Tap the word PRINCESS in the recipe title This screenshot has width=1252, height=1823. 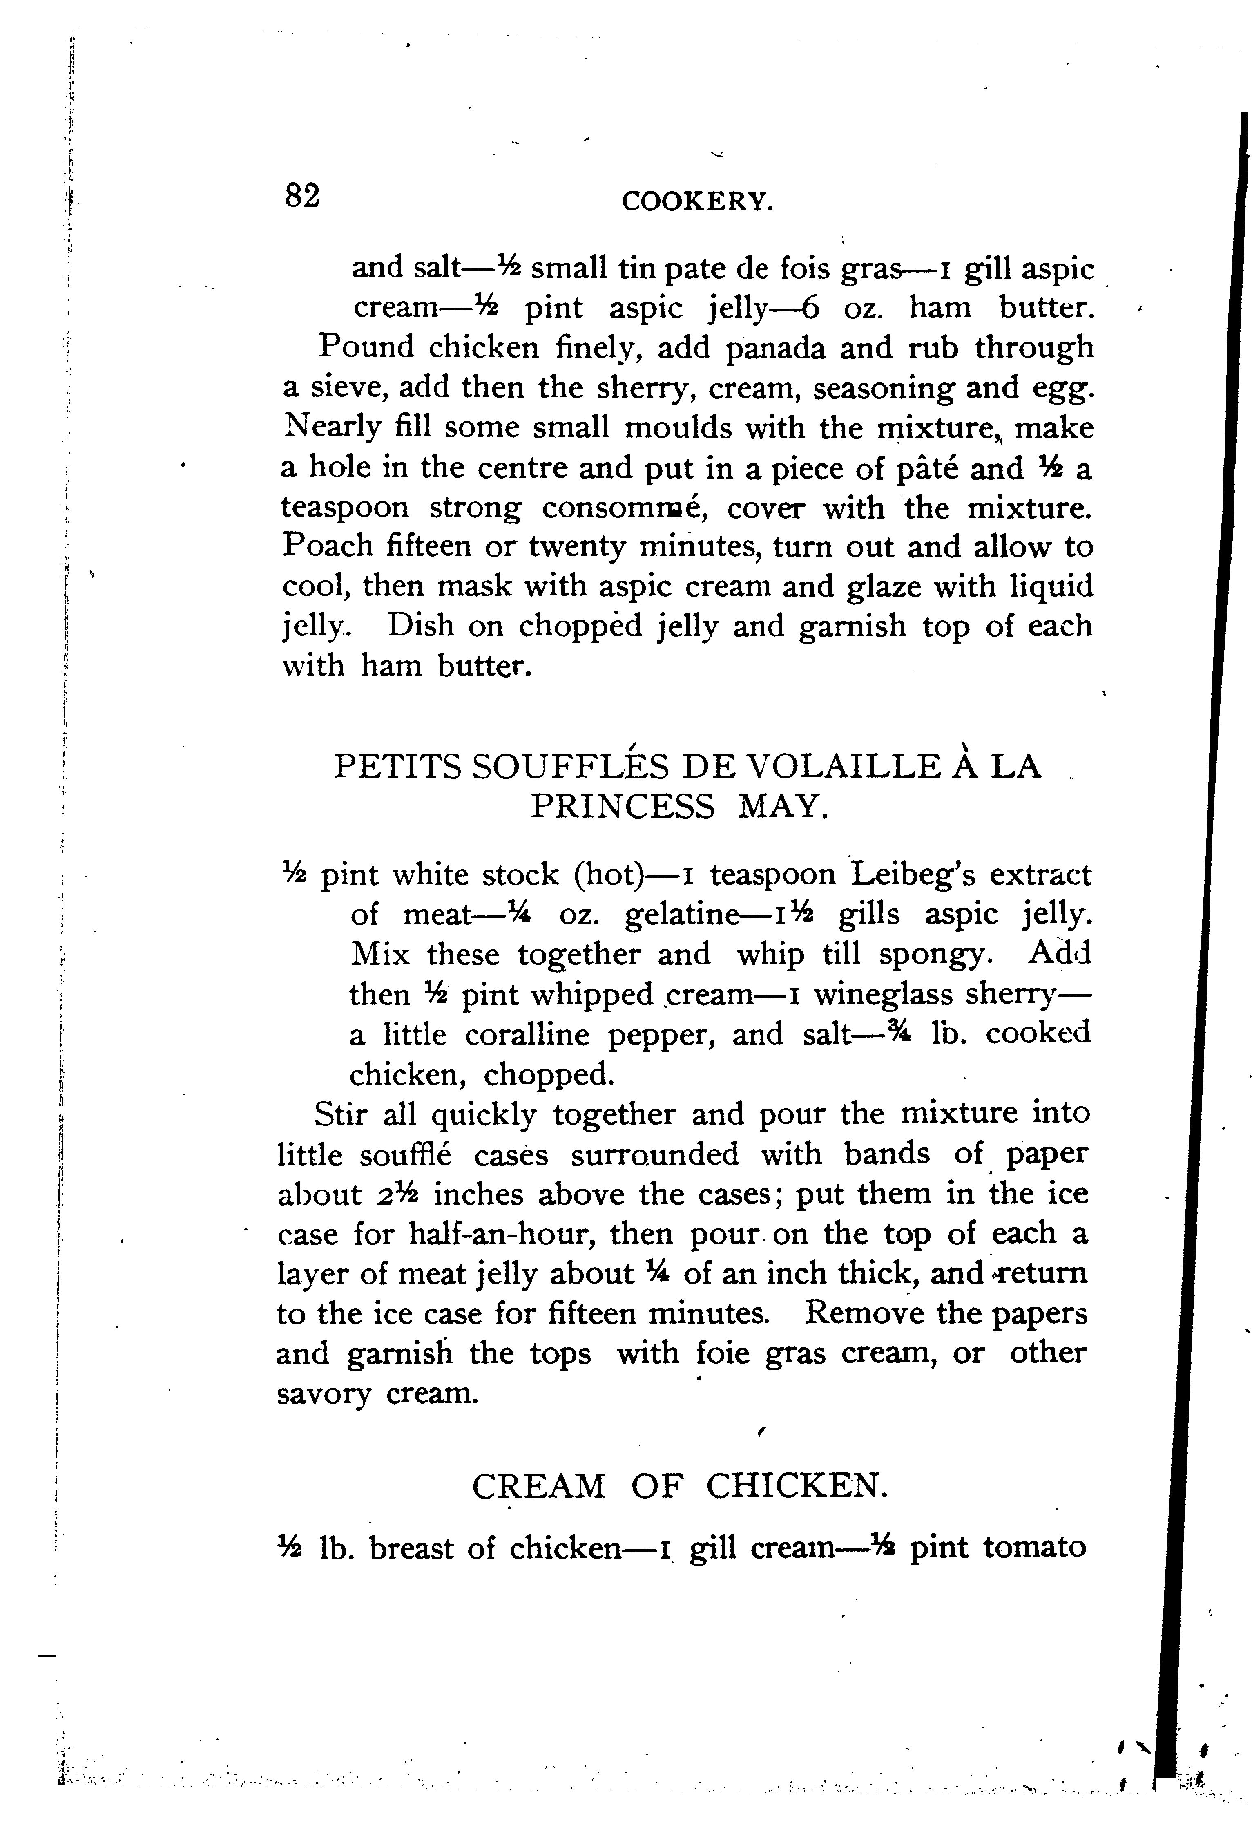pos(623,807)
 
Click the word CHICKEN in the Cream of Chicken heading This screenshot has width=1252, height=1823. pos(797,1485)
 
